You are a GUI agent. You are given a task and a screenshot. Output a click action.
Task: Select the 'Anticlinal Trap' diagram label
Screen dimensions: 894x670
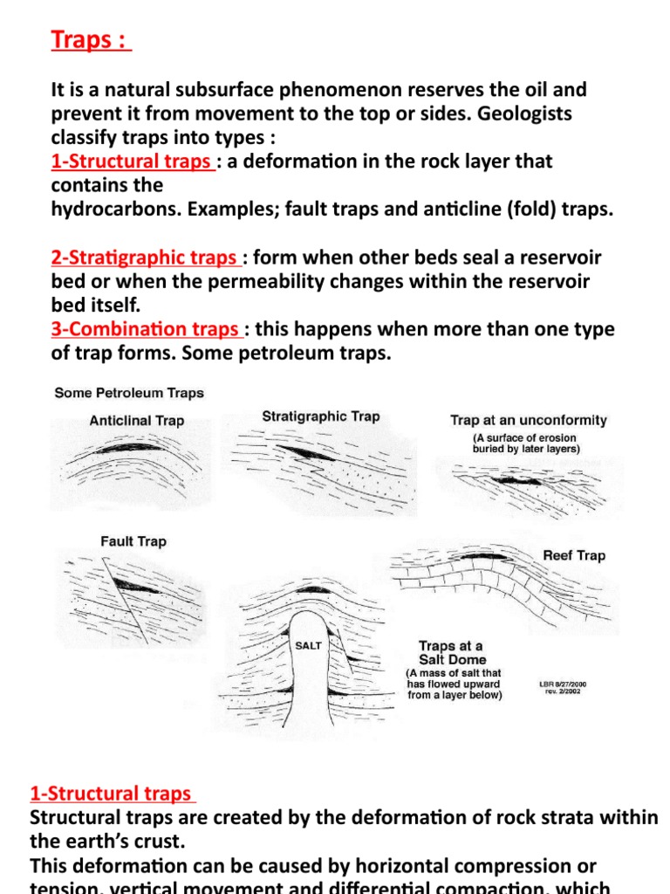(137, 421)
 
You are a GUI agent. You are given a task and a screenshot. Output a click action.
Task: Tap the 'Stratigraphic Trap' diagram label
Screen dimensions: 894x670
(321, 416)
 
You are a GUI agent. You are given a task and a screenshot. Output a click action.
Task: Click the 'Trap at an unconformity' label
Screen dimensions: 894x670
(529, 420)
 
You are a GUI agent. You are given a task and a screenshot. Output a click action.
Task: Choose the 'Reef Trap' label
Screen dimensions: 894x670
(573, 555)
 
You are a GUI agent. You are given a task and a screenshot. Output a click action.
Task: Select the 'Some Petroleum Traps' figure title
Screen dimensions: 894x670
(129, 393)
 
